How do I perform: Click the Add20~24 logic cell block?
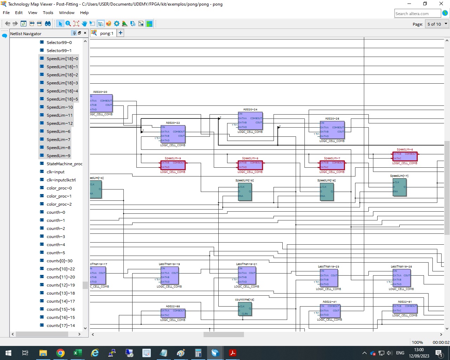coord(250,121)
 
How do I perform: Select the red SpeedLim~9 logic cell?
coord(173,165)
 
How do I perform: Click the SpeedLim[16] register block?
coord(327,192)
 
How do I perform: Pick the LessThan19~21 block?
coord(247,275)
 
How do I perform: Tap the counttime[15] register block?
coord(245,309)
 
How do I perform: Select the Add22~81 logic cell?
coord(405,309)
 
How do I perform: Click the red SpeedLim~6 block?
coord(405,156)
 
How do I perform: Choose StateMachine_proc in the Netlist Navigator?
coord(64,164)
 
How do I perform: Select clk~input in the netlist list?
coord(56,172)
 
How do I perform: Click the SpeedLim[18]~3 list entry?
coord(62,83)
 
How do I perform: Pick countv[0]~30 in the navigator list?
coord(59,261)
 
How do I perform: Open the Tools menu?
coord(48,13)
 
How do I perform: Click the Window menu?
coord(66,13)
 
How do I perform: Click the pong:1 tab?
coord(106,33)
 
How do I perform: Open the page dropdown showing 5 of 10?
coord(437,24)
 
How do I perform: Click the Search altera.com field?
coord(417,14)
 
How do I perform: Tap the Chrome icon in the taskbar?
coord(60,353)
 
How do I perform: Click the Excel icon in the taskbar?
coord(77,353)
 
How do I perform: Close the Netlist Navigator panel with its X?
coord(85,33)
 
